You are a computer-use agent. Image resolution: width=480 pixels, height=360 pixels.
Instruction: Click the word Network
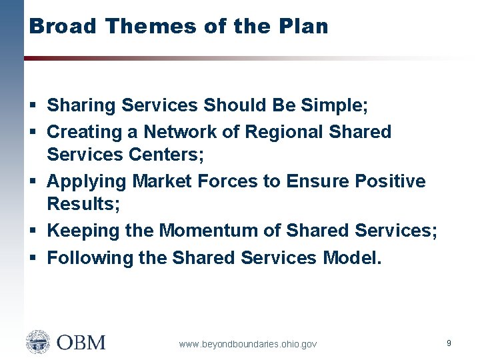pyautogui.click(x=182, y=132)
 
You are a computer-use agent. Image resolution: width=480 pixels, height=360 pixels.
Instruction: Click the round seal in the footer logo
pyautogui.click(x=38, y=343)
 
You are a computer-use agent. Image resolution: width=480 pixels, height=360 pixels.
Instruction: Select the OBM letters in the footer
pyautogui.click(x=81, y=343)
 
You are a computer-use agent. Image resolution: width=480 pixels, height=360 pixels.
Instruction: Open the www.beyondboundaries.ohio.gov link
pyautogui.click(x=248, y=344)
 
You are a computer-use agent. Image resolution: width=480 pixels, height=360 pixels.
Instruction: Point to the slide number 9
pyautogui.click(x=449, y=343)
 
